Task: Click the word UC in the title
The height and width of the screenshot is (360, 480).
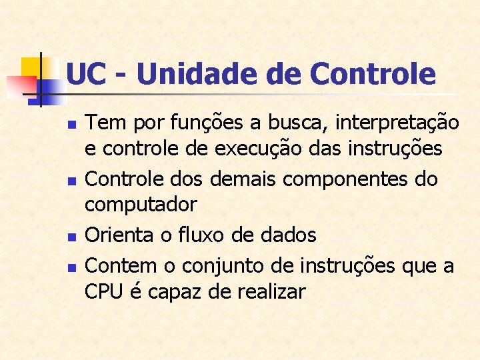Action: (x=87, y=73)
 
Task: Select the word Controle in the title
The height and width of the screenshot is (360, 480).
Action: (x=372, y=73)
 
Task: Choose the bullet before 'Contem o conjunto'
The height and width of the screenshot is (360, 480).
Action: (x=73, y=267)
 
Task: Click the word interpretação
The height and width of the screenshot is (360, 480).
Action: (x=397, y=123)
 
